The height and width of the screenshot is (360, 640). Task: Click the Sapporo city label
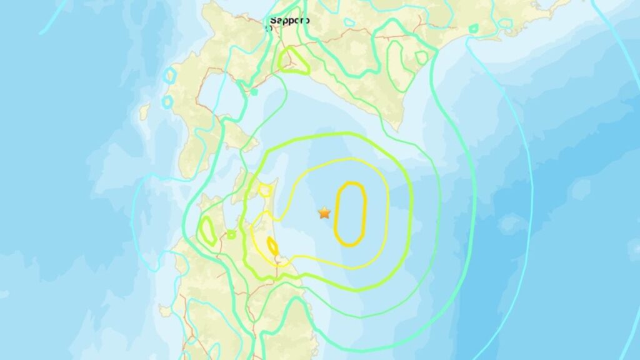[289, 21]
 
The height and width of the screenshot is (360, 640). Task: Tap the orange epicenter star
[324, 213]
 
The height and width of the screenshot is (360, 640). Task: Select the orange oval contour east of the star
[350, 214]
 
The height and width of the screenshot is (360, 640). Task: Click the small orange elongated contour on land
[272, 246]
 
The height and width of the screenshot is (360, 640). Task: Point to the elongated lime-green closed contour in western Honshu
[207, 231]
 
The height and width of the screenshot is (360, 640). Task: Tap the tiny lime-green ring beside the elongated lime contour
[231, 234]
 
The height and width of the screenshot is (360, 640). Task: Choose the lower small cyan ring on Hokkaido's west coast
[167, 101]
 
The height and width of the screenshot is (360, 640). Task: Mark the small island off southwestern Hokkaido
[144, 112]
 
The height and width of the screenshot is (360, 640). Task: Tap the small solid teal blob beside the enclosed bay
[254, 92]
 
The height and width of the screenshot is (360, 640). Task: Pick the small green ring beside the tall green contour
[422, 57]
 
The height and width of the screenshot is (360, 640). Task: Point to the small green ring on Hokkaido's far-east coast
[474, 28]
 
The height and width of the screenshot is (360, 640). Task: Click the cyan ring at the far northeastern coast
[506, 24]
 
